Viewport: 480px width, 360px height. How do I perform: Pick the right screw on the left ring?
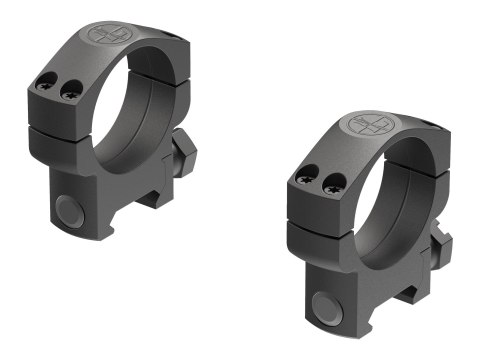[x=69, y=91]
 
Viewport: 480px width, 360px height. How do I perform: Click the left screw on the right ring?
[x=305, y=179]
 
